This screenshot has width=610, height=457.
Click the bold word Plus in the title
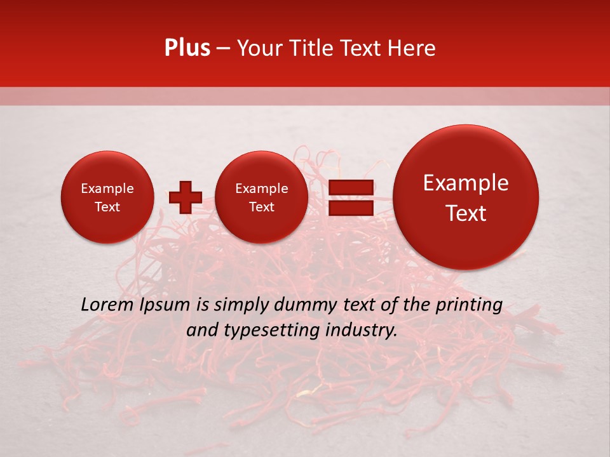187,48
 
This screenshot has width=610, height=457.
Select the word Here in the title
412,48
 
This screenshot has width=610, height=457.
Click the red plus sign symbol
185,197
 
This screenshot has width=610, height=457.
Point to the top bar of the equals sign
350,187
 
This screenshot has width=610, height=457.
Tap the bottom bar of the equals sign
350,208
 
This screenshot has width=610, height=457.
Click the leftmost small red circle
107,197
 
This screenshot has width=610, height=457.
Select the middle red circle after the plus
261,197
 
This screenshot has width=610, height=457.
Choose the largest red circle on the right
466,197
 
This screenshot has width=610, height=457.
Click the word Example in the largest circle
466,183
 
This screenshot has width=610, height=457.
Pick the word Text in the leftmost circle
107,207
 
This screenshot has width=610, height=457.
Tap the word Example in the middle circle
261,189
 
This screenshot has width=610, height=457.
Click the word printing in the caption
468,305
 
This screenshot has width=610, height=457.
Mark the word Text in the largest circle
466,213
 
